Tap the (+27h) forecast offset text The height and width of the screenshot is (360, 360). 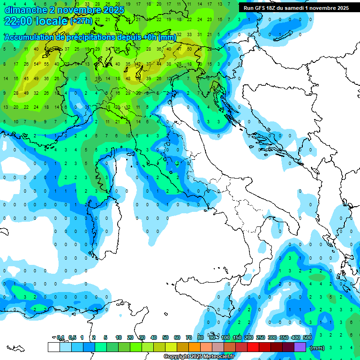82,21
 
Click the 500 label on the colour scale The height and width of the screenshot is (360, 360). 307,337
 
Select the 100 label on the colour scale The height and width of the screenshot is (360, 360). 225,337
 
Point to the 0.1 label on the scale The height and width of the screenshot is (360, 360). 60,337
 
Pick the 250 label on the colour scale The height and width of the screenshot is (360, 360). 261,337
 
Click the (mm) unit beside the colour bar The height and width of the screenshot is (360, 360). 317,348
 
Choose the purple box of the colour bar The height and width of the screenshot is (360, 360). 300,347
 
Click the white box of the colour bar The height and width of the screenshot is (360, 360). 53,347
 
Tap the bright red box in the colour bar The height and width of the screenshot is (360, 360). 253,347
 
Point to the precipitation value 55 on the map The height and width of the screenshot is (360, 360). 46,64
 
